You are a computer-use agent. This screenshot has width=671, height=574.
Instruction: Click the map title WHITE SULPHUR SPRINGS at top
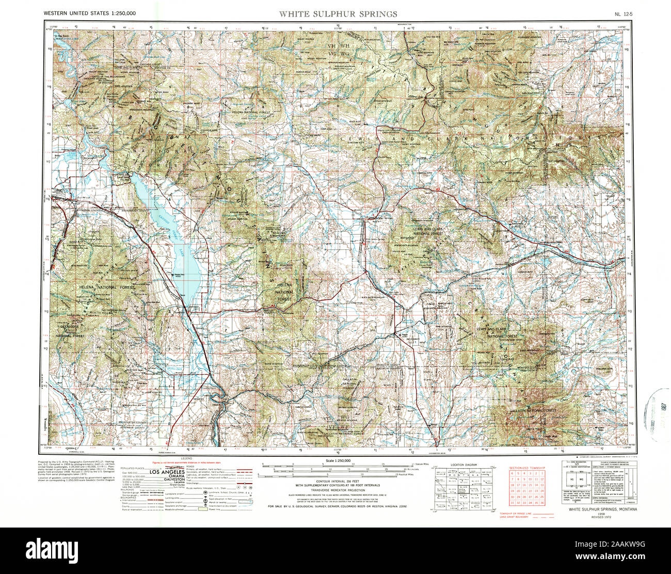[x=338, y=14]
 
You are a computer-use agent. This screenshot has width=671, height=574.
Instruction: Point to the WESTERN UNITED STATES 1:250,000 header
[x=90, y=13]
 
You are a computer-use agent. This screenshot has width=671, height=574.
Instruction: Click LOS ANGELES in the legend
[x=168, y=472]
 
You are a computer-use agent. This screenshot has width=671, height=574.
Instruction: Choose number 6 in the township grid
[x=513, y=473]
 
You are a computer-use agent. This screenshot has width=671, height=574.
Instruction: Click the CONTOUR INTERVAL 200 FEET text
[x=338, y=481]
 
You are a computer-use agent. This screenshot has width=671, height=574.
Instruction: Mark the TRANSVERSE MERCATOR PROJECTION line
[x=338, y=490]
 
